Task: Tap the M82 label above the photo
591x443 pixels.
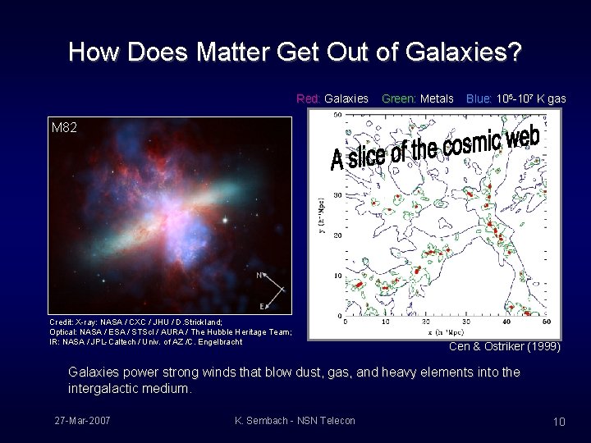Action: (x=64, y=128)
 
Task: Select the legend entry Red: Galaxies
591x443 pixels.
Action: (x=332, y=98)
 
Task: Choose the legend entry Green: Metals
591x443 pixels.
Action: (x=418, y=98)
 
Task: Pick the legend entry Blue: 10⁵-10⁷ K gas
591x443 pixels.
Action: (x=515, y=98)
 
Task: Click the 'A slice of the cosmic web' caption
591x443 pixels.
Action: (x=435, y=148)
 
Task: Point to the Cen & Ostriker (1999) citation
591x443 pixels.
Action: (x=505, y=347)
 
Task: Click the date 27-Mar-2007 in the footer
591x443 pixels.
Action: (x=83, y=421)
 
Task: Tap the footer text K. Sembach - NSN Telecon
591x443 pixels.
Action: (x=295, y=421)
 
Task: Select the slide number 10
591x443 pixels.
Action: (x=559, y=422)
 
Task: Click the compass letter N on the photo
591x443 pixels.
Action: (x=260, y=276)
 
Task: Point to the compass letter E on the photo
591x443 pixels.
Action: (x=263, y=306)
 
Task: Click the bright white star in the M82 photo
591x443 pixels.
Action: (x=222, y=221)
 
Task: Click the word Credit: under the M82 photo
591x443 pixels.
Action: (x=64, y=322)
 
